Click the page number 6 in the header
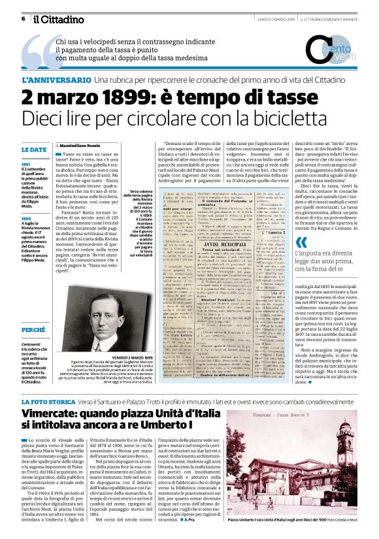click(x=23, y=18)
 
